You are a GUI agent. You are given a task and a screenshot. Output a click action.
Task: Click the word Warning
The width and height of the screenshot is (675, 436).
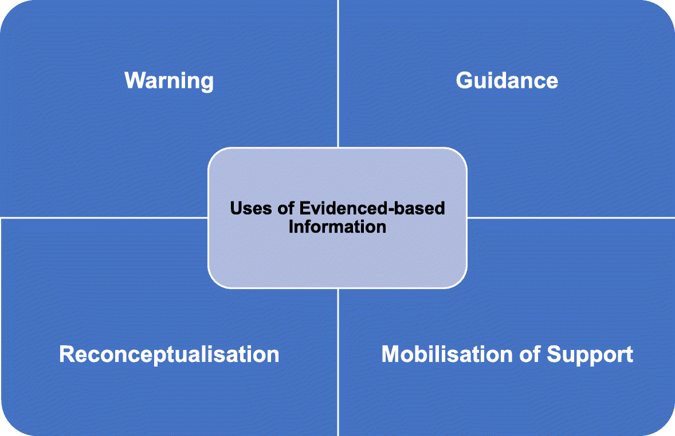point(169,80)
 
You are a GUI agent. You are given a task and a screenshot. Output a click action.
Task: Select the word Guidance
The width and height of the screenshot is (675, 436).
point(507,80)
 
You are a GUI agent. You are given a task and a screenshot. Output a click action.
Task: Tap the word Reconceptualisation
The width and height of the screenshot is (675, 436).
point(169,355)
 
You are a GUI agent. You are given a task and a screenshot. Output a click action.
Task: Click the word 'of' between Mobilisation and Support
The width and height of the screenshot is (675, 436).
point(530,354)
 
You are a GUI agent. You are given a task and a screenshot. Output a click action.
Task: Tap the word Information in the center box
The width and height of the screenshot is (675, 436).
point(337,226)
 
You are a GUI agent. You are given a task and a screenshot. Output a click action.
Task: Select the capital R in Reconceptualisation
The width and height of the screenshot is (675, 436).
point(66,355)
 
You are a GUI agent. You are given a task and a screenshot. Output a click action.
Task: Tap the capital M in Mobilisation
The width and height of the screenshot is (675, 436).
point(391,354)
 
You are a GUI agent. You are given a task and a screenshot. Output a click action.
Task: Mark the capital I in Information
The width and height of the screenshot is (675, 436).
point(291,226)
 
